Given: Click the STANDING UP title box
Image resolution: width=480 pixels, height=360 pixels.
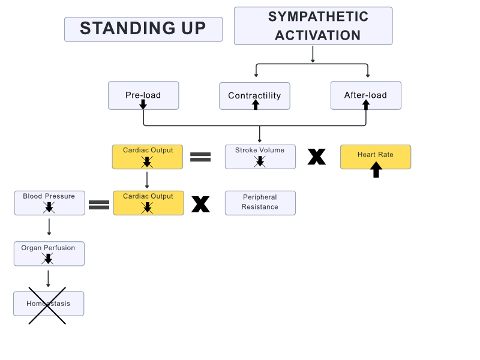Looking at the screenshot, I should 143,29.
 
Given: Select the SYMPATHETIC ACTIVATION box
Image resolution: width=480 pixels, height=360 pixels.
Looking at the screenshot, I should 313,26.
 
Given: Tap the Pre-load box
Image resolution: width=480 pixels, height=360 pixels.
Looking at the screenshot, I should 143,95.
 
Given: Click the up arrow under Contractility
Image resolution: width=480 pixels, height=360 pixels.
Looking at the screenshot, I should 256,104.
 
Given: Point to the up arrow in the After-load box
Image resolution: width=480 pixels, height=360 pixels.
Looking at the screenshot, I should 366,104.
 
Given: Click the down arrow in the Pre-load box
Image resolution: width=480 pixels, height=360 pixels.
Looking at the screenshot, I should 143,104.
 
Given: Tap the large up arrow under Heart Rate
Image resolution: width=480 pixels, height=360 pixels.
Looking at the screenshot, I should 376,170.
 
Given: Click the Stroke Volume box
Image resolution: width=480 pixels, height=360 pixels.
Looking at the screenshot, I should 260,156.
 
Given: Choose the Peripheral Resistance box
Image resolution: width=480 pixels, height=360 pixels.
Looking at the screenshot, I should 260,202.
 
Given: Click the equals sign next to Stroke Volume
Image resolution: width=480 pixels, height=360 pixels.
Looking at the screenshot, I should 200,157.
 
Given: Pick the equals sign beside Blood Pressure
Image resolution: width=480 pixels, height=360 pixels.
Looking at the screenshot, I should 99,204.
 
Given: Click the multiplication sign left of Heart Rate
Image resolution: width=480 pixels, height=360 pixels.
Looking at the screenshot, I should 317,157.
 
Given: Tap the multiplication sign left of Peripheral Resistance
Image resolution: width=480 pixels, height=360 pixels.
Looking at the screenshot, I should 200,204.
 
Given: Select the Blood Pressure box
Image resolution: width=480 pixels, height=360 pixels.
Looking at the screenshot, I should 49,202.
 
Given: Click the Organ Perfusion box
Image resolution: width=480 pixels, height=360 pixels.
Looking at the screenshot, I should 49,253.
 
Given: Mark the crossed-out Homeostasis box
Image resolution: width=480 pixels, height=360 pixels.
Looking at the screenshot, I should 49,304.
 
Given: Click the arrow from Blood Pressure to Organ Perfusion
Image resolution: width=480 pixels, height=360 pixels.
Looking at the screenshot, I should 49,226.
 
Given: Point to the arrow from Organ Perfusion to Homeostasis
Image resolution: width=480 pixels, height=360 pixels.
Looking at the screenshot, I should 49,278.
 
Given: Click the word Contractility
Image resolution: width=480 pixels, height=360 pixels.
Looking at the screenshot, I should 254,95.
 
